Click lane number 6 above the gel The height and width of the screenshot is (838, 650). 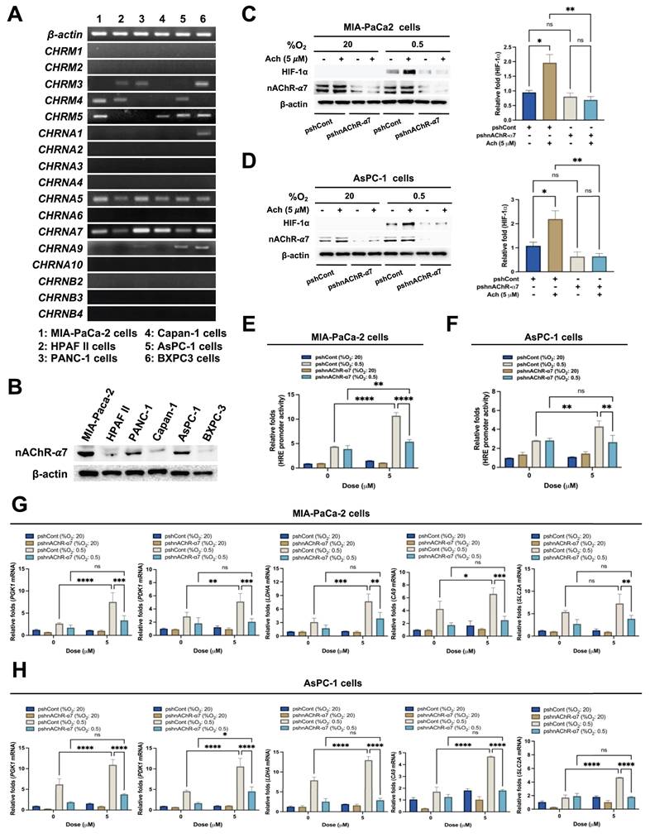(200, 17)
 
